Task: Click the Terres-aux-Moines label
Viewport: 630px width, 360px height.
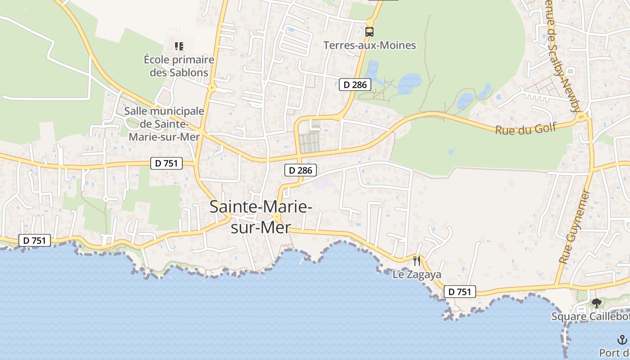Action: point(369,45)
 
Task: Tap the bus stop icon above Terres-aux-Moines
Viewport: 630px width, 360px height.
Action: point(369,31)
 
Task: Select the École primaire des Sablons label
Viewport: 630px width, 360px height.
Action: point(179,66)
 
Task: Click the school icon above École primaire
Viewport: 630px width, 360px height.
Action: point(179,46)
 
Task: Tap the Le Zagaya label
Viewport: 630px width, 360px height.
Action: point(417,274)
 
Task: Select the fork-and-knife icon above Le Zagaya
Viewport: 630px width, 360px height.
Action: point(417,261)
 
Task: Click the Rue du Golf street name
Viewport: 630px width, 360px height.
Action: point(526,129)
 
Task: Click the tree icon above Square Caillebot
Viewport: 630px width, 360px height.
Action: point(597,303)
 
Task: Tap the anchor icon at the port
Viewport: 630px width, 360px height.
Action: point(622,340)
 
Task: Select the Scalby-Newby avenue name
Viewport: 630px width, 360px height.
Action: point(563,58)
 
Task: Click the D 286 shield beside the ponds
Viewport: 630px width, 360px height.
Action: point(355,84)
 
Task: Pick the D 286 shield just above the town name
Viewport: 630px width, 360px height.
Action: point(301,170)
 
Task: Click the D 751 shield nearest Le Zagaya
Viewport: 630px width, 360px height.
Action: point(460,292)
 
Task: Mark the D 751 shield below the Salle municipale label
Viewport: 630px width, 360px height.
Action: point(166,163)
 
